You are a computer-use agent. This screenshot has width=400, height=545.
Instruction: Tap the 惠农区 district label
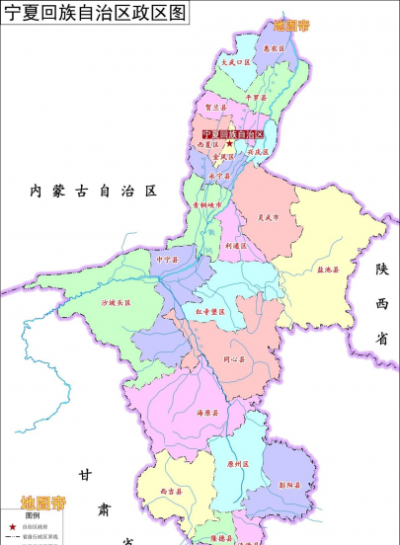pos(275,47)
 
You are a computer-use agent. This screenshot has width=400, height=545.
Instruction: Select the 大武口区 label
pos(237,61)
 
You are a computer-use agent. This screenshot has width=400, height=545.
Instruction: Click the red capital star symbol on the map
pos(230,144)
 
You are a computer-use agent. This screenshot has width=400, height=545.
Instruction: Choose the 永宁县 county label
pos(219,176)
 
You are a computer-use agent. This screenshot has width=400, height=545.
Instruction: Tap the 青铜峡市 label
pos(209,205)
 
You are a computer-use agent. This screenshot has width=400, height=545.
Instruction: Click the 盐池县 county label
pos(328,269)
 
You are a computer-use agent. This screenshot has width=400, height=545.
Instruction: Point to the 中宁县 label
pos(167,260)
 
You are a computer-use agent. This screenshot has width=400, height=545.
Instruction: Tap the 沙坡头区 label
pos(116,302)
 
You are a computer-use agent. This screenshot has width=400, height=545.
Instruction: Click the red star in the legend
pos(12,527)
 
